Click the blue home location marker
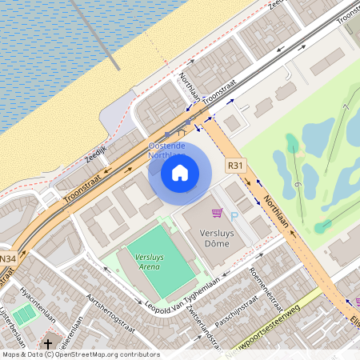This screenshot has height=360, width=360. pyautogui.click(x=180, y=172)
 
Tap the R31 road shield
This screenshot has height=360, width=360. pyautogui.click(x=235, y=166)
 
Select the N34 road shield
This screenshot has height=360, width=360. pyautogui.click(x=8, y=258)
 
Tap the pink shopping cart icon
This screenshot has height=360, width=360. pyautogui.click(x=216, y=213)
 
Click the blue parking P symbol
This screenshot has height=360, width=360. pyautogui.click(x=234, y=216)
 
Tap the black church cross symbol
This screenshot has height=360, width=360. pyautogui.click(x=48, y=344)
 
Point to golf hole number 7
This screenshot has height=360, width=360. pyautogui.click(x=345, y=108)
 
